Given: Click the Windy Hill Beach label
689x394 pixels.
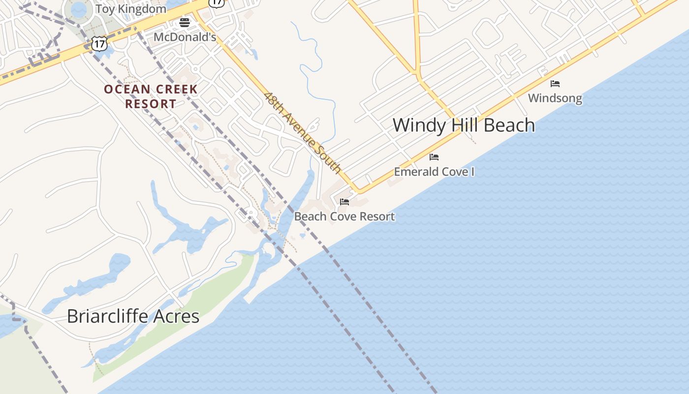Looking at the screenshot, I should coord(464,125).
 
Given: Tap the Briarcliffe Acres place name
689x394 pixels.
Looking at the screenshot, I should coord(133,316).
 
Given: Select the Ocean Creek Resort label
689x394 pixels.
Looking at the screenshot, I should coord(151,97).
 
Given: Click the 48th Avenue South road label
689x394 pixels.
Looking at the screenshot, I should coord(302,132).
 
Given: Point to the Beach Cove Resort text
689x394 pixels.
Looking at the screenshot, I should coord(344,216).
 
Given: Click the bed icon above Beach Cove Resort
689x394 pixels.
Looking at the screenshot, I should coord(344,202).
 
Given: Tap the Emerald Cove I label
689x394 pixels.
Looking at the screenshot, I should coord(434,172).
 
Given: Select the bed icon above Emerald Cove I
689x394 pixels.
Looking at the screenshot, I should coord(434,157).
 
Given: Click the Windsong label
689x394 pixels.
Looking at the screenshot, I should coord(555,98).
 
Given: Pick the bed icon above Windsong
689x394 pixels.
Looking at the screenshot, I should coord(555,84).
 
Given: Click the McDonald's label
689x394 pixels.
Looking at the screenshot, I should coord(185,37).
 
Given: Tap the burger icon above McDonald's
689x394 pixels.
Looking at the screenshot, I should coord(185,22).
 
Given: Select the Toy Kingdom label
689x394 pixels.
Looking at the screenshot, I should coord(130,9).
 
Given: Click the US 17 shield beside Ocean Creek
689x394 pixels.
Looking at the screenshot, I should coord(99,43).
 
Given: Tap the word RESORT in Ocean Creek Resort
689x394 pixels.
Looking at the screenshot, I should coord(151,104).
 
